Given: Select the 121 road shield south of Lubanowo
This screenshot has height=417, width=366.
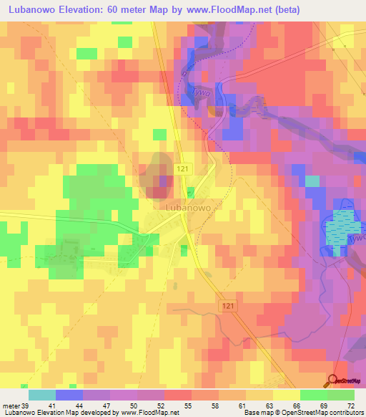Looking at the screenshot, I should click(226, 305).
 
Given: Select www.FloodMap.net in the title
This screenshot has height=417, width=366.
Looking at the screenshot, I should click(226, 9).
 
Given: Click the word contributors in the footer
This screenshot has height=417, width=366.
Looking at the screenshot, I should click(344, 413).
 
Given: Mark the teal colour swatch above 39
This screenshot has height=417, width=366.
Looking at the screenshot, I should click(42, 395).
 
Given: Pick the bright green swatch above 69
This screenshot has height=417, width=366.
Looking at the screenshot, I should click(313, 395).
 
